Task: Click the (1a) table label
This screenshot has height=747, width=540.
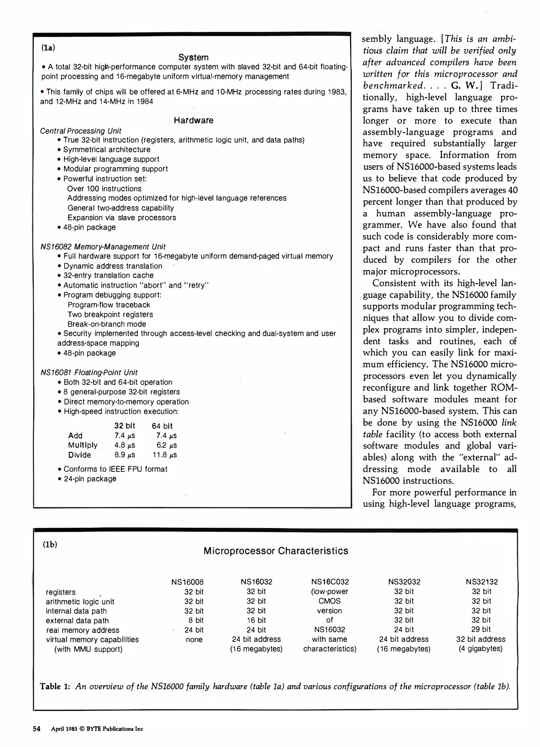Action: [x=48, y=48]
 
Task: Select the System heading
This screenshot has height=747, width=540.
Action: [x=193, y=57]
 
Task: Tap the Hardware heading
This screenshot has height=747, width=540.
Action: [x=193, y=120]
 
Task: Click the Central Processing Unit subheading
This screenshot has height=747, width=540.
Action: [x=81, y=131]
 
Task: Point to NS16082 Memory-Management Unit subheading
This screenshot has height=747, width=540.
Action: [x=103, y=247]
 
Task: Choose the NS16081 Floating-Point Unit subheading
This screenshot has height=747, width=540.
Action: [x=89, y=372]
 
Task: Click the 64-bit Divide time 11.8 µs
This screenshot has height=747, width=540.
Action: [x=165, y=455]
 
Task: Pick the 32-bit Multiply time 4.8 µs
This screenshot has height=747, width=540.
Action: [x=125, y=445]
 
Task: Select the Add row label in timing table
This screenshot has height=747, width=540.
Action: [x=75, y=435]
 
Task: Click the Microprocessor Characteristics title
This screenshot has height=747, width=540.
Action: [x=276, y=551]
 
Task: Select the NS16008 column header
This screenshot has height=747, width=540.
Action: [x=187, y=582]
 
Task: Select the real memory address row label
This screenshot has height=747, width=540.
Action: [x=83, y=630]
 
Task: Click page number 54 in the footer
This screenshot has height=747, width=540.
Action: [x=37, y=729]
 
